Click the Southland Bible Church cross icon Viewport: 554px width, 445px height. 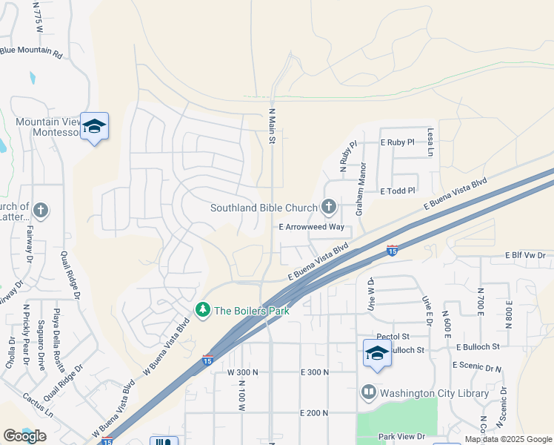[329, 208]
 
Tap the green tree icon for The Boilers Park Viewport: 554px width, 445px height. [201, 309]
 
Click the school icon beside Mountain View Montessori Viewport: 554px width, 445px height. [94, 128]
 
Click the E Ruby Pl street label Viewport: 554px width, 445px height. [397, 142]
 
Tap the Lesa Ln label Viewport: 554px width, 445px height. [430, 142]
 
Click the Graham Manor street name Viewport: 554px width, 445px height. [361, 190]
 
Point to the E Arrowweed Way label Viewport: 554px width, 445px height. [312, 227]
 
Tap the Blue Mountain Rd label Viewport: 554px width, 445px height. [41, 52]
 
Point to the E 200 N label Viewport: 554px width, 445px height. [314, 412]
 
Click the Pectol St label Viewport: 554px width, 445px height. [393, 337]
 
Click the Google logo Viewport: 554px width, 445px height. [25, 436]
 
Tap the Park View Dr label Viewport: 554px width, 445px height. [401, 437]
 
